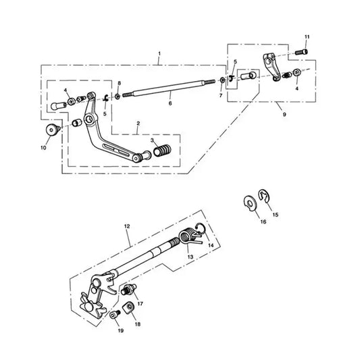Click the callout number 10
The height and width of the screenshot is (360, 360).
pyautogui.click(x=43, y=148)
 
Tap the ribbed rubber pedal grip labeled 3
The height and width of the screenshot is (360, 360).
pyautogui.click(x=162, y=151)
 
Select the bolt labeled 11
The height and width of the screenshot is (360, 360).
pyautogui.click(x=301, y=52)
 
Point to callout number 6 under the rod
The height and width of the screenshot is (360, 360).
pyautogui.click(x=170, y=103)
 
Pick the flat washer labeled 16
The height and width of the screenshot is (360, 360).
pyautogui.click(x=249, y=203)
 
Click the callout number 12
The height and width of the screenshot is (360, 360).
pyautogui.click(x=127, y=226)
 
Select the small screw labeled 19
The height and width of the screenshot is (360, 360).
pyautogui.click(x=115, y=315)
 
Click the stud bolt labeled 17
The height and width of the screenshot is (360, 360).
pyautogui.click(x=128, y=289)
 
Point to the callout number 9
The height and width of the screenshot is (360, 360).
pyautogui.click(x=284, y=114)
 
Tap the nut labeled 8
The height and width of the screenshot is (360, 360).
pyautogui.click(x=118, y=97)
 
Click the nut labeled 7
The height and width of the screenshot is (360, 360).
pyautogui.click(x=222, y=80)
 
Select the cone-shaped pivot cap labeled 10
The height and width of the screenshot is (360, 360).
pyautogui.click(x=53, y=130)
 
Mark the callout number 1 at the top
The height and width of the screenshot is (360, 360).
pyautogui.click(x=159, y=54)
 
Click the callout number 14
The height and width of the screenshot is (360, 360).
pyautogui.click(x=211, y=245)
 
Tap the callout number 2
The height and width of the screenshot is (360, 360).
pyautogui.click(x=138, y=124)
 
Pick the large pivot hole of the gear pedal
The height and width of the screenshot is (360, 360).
pyautogui.click(x=89, y=119)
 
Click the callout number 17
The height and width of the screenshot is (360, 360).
pyautogui.click(x=140, y=304)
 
